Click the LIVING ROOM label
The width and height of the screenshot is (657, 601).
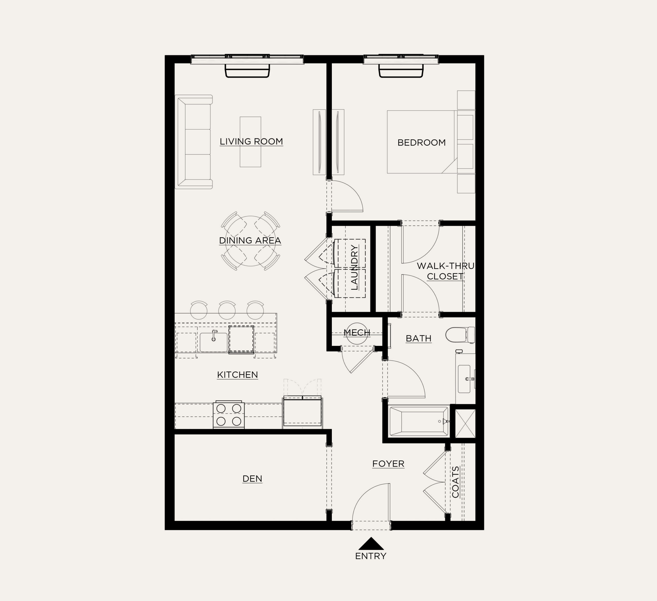click(251, 141)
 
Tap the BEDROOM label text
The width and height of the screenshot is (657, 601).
click(421, 142)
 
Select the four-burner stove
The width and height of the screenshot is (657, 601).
click(229, 415)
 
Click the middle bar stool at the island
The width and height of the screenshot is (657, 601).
click(227, 310)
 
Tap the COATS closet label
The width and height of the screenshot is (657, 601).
click(455, 482)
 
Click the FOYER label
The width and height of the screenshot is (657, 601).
click(388, 463)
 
